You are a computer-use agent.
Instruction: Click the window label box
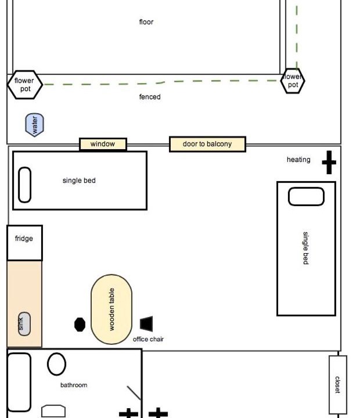(x=103, y=144)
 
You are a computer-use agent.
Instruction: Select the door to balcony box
(x=207, y=144)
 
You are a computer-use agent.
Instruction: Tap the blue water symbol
(x=34, y=125)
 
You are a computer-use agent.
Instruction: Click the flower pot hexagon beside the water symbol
(x=25, y=85)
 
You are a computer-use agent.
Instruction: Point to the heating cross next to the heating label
(x=329, y=162)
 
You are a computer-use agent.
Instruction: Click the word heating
(x=298, y=160)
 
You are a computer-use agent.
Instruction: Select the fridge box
(x=24, y=243)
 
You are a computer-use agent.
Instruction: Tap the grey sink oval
(x=24, y=324)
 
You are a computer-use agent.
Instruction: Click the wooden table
(x=111, y=309)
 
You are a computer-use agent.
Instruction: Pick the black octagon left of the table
(x=80, y=325)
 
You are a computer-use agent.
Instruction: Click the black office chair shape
(x=147, y=323)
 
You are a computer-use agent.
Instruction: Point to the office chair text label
(x=148, y=339)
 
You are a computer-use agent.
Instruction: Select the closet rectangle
(x=338, y=385)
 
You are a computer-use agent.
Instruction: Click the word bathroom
(x=74, y=385)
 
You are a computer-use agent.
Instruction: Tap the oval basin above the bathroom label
(x=56, y=364)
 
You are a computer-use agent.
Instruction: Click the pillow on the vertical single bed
(x=306, y=196)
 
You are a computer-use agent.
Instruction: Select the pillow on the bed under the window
(x=24, y=185)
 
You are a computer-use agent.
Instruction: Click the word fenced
(x=150, y=97)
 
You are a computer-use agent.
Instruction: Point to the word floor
(x=146, y=22)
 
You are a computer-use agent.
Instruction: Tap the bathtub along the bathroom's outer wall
(x=19, y=382)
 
